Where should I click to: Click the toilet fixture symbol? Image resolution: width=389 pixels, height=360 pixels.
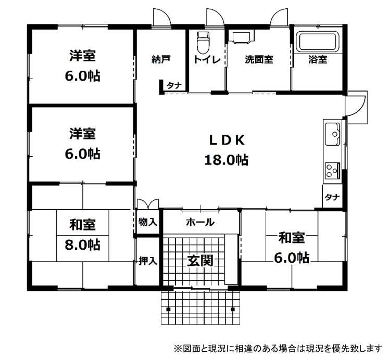pos(204,42)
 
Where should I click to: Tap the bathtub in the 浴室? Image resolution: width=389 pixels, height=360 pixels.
pos(319,42)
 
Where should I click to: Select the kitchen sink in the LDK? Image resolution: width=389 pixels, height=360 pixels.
pos(333,134)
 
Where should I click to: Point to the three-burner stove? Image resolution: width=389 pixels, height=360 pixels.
pos(333,171)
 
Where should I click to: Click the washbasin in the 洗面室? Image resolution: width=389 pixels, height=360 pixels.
pos(242,36)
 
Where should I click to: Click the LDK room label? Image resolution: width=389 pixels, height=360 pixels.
pos(227,141)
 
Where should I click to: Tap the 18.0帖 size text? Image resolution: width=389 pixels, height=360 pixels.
pos(226,160)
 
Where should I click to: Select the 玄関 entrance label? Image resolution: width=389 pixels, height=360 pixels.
pos(200,261)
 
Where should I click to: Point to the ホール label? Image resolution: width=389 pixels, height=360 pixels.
pos(200,222)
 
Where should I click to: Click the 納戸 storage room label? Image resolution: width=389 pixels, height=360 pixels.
pos(161,59)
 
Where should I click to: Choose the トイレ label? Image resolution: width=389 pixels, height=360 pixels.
pos(207,60)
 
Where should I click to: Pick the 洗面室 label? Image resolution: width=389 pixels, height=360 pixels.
pos(259,60)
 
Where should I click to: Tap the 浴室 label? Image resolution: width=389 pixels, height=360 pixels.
pos(318,59)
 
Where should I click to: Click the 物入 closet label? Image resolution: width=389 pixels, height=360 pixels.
pos(148,222)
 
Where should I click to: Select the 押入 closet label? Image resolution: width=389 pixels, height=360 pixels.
pos(148,261)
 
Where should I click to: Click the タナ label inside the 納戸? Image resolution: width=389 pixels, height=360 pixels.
pos(174,86)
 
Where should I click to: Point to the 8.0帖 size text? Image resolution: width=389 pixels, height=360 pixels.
pos(83,245)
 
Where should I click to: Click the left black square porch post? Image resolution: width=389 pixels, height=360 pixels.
pos(168,309)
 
